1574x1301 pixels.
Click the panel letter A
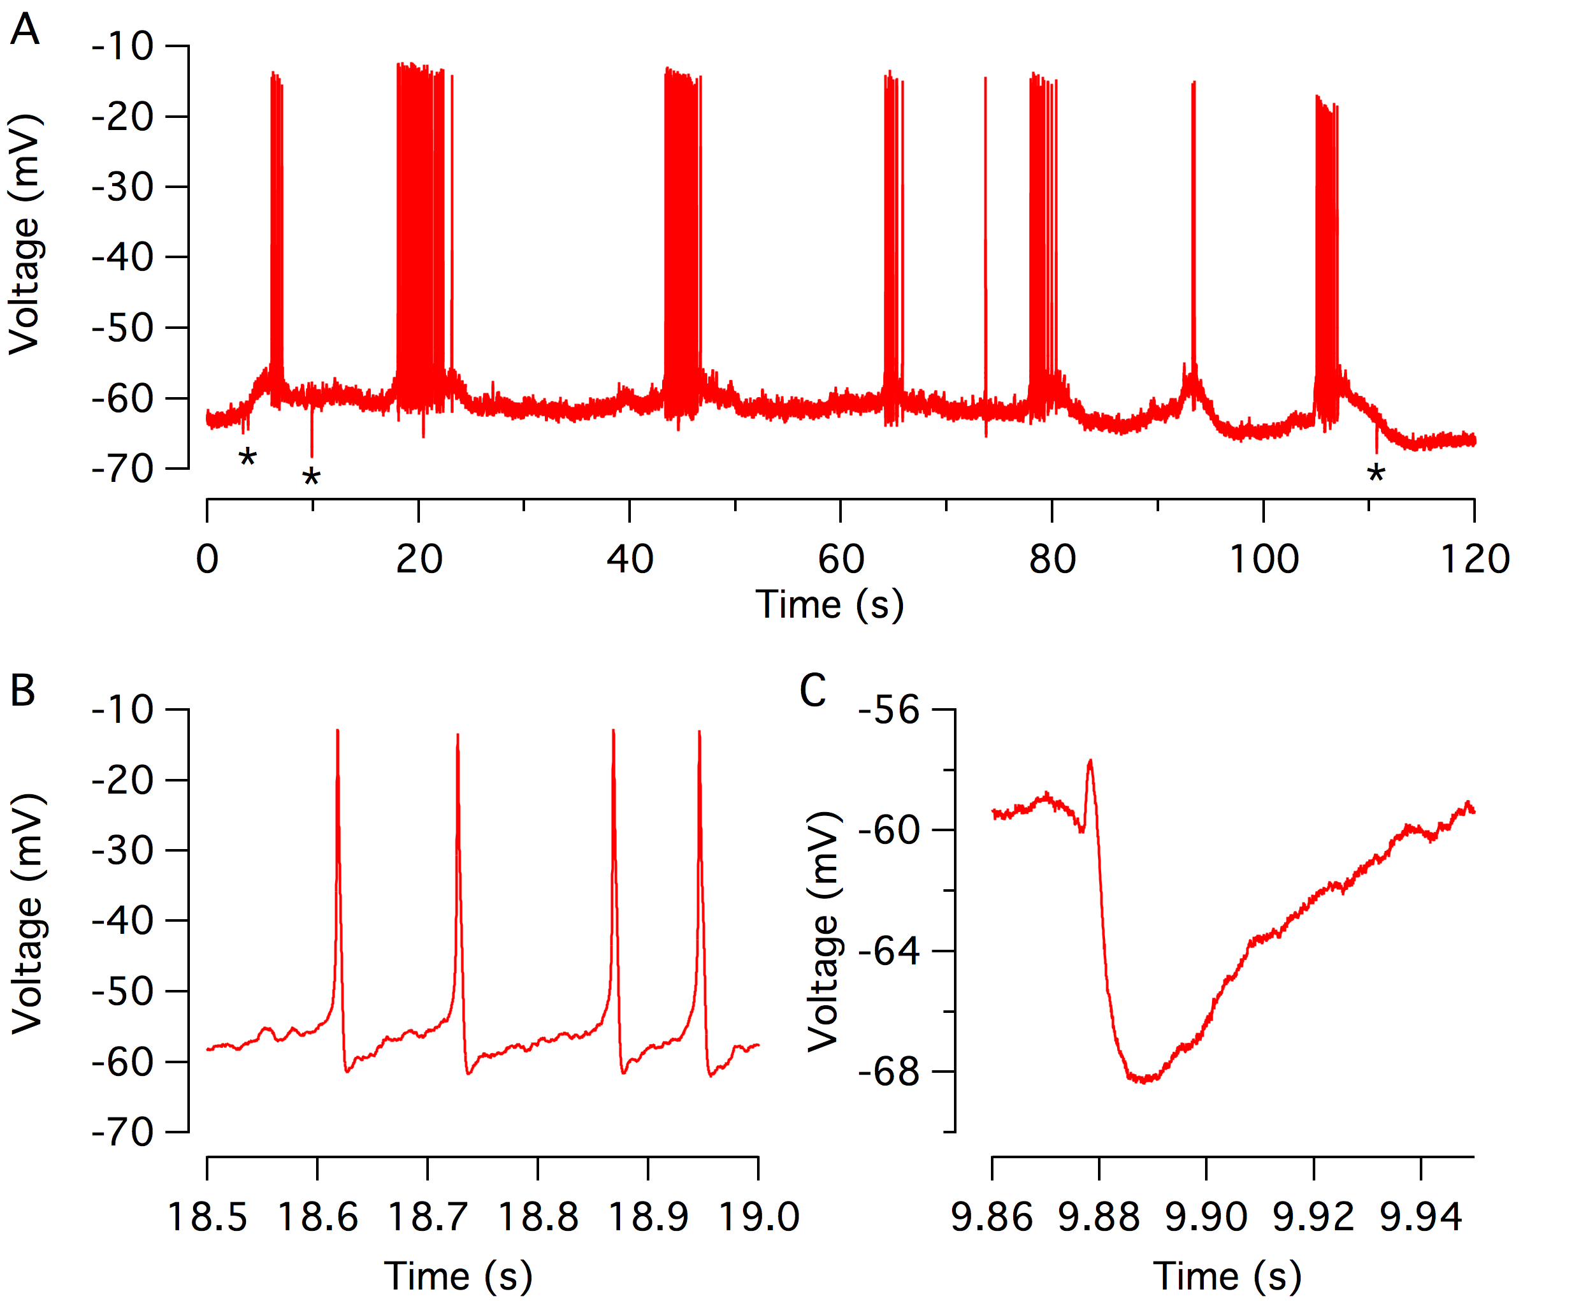coord(24,30)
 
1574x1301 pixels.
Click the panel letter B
coord(22,690)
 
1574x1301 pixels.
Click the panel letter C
coord(813,690)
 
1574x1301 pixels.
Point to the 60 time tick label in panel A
coord(841,560)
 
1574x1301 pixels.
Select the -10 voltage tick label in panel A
coord(123,47)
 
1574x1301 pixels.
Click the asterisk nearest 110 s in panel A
coord(1375,474)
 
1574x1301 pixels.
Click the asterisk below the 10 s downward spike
coord(311,478)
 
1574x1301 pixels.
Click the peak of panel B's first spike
coord(338,730)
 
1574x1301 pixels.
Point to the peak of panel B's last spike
coord(699,731)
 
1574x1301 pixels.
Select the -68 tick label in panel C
coord(889,1072)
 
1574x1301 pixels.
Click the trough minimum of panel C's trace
coord(1144,1080)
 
